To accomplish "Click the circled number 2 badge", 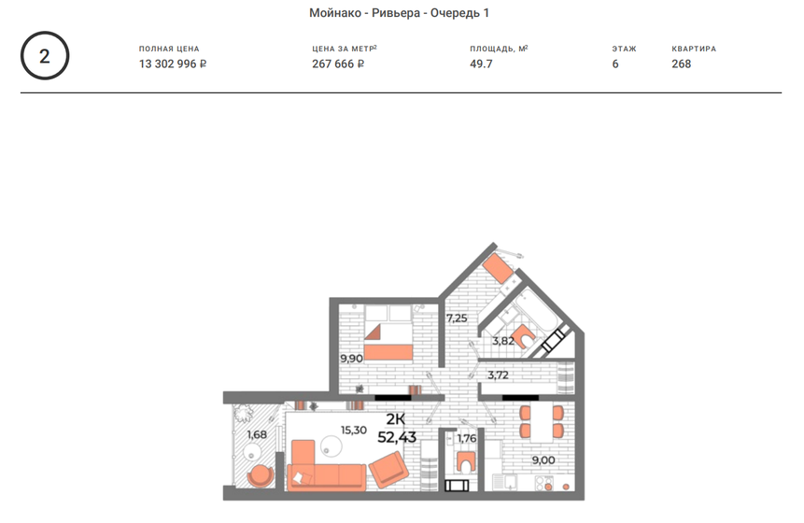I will (45, 56).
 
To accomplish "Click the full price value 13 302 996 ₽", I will (173, 64).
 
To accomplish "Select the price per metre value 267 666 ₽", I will (338, 64).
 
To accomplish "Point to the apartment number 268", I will (682, 64).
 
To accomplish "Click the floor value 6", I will (615, 64).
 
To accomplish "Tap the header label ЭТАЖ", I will (624, 49).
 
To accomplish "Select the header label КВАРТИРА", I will (694, 49).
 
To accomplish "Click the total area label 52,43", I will (397, 436).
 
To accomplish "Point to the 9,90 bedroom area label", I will (351, 358).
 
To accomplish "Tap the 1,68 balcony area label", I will (257, 433).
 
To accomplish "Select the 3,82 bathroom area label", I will (503, 342).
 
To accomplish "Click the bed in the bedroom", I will (388, 334).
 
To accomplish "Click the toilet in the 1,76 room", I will (465, 462).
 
